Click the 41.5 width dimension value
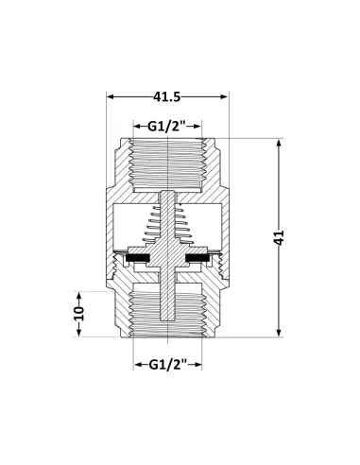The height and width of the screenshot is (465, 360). (x=167, y=96)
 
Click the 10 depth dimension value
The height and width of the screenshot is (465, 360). (x=79, y=311)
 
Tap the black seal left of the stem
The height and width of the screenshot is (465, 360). (x=141, y=256)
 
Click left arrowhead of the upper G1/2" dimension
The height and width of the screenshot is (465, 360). (x=129, y=126)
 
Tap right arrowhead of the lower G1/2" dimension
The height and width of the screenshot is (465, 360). (x=206, y=364)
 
